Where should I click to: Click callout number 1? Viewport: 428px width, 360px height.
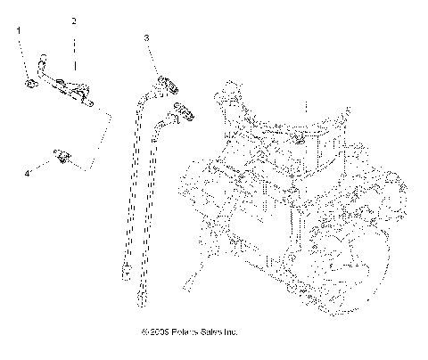pyautogui.click(x=19, y=30)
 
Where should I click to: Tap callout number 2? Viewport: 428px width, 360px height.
pyautogui.click(x=74, y=20)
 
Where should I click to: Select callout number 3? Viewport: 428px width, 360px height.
pyautogui.click(x=144, y=37)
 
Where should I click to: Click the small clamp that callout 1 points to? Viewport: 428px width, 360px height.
pyautogui.click(x=29, y=83)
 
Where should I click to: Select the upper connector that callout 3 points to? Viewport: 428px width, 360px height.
pyautogui.click(x=165, y=85)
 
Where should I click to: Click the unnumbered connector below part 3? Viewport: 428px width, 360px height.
pyautogui.click(x=185, y=113)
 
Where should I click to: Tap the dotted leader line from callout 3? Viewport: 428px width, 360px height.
pyautogui.click(x=152, y=59)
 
